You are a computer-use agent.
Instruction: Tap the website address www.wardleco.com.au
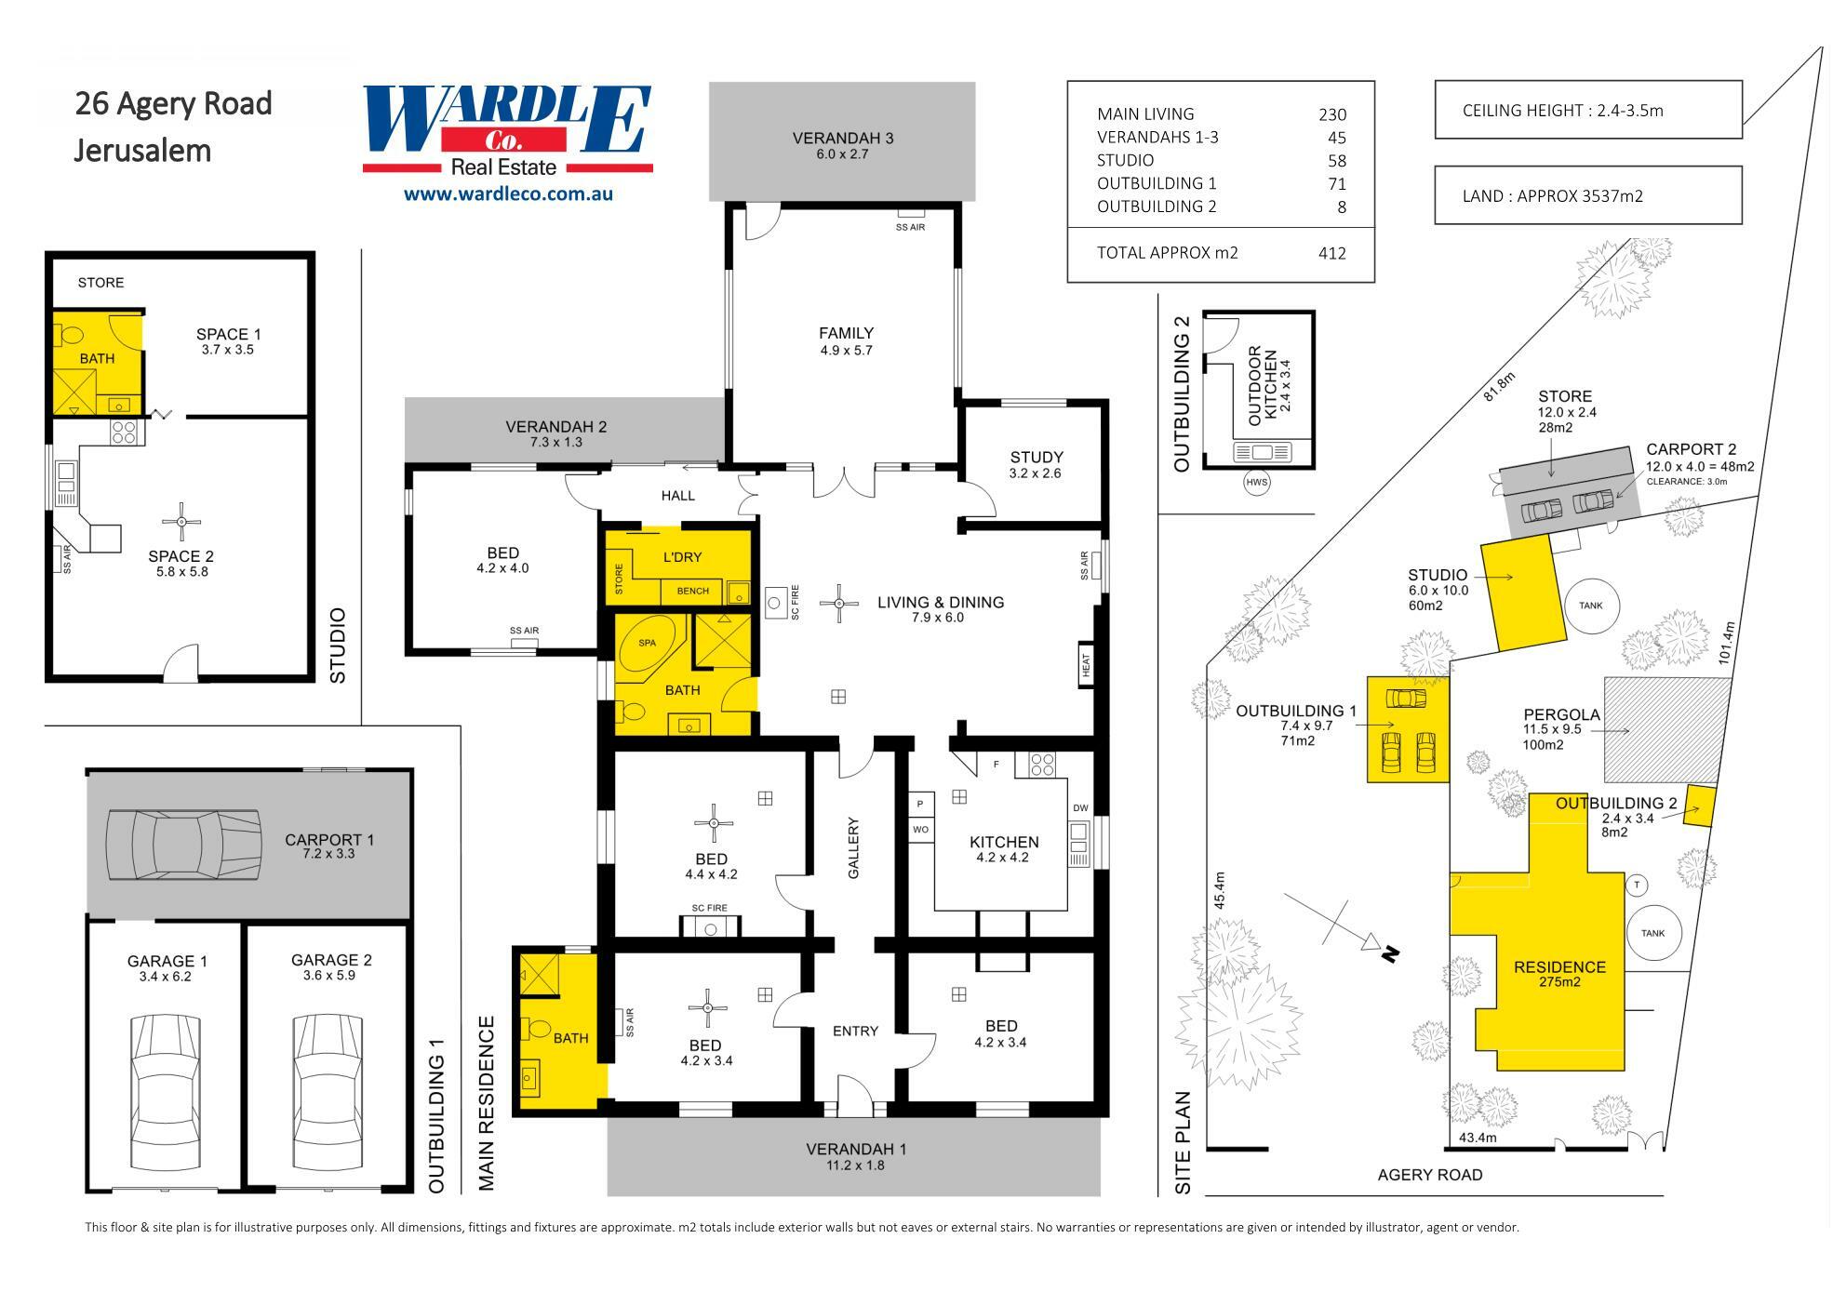(507, 194)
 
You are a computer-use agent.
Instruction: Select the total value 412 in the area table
(1331, 253)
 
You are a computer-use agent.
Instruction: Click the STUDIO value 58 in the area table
(1337, 160)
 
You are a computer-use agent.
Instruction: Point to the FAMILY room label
(846, 333)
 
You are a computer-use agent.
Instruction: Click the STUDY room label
(1036, 457)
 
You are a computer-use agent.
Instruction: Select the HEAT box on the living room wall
(1085, 664)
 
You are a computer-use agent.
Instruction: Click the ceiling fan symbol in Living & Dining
(839, 604)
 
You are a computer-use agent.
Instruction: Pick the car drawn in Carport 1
(182, 844)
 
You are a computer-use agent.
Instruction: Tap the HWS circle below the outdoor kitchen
(1257, 483)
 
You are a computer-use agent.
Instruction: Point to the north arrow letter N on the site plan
(1390, 953)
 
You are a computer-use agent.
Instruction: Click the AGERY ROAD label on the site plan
(1429, 1175)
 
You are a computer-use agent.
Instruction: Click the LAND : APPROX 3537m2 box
(1587, 195)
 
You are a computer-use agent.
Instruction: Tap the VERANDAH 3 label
(842, 139)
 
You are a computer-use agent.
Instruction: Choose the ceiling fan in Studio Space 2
(181, 522)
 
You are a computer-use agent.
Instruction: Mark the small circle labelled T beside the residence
(1636, 885)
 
